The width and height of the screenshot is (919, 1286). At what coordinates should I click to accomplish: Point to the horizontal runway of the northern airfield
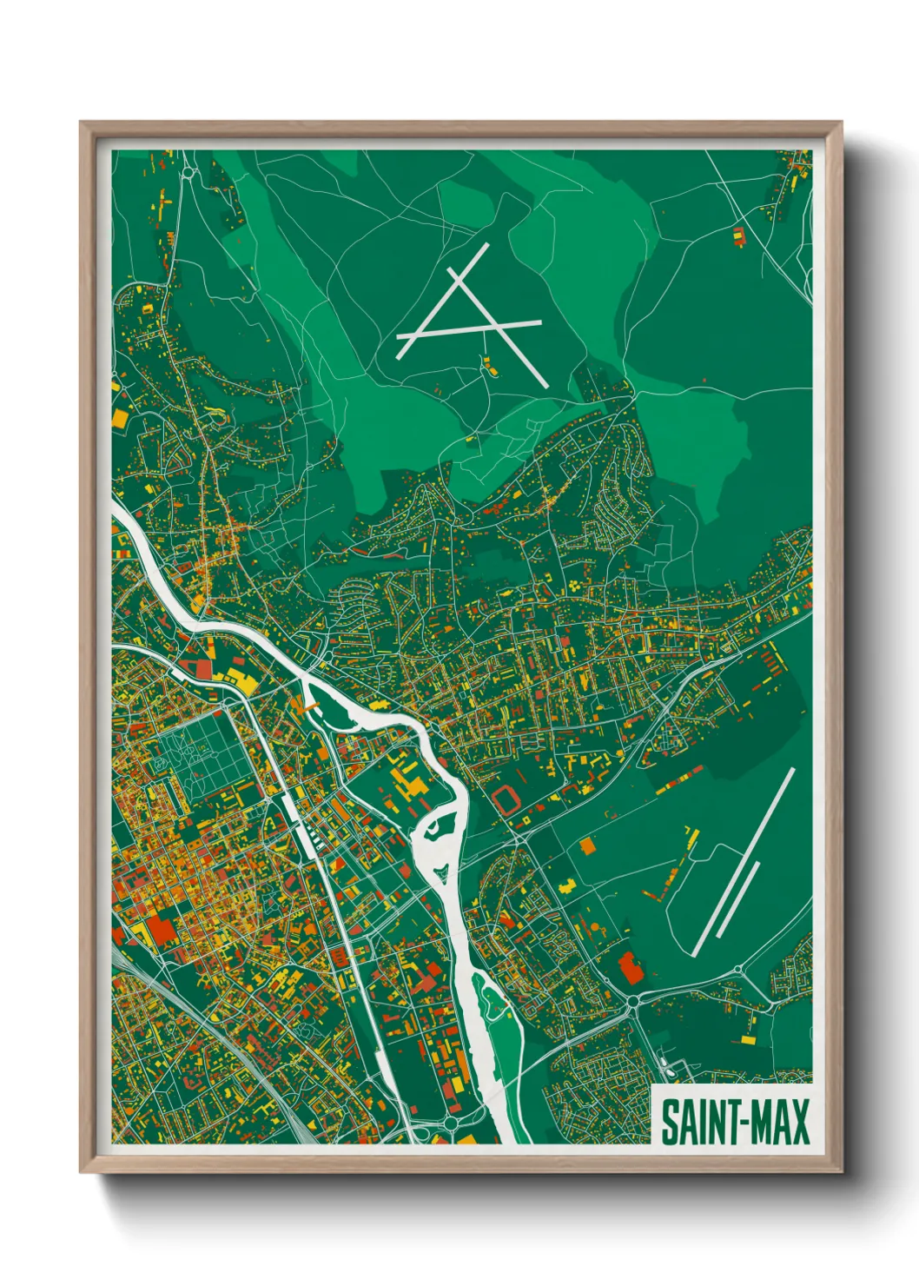point(469,339)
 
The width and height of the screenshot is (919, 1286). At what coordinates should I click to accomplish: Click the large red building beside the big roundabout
point(629,967)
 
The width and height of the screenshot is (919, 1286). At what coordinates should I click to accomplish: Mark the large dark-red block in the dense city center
point(161,929)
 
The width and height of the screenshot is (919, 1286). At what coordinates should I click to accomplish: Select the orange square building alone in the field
point(588,845)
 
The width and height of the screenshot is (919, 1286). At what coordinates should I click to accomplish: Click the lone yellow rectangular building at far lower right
point(748,1038)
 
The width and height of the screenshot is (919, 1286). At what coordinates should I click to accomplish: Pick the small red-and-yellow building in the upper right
point(738,235)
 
